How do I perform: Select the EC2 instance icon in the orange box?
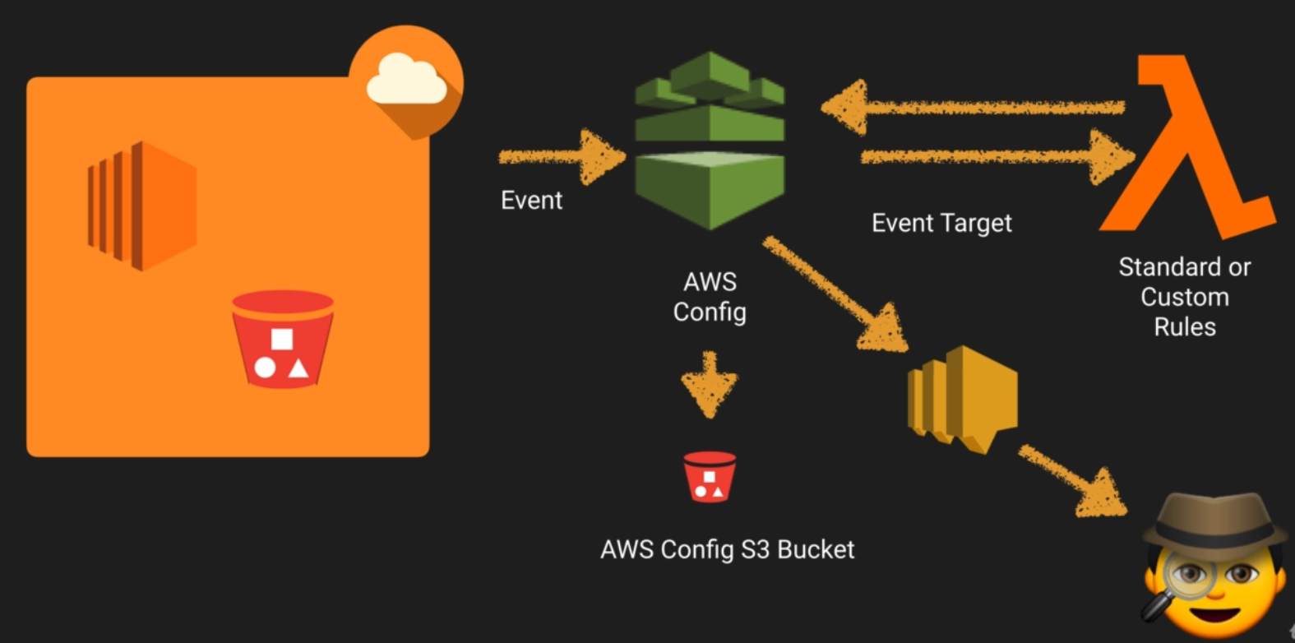[142, 206]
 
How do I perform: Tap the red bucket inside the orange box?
[282, 338]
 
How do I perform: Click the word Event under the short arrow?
[531, 201]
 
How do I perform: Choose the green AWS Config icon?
[710, 140]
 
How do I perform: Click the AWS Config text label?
[710, 297]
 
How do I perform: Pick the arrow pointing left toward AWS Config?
[970, 107]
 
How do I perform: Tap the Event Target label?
[941, 223]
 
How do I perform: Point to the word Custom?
[1184, 297]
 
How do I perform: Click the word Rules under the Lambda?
[1184, 327]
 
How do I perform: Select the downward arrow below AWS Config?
[710, 384]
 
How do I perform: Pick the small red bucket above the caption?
[710, 476]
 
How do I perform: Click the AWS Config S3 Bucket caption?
[727, 549]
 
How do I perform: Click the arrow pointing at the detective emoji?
[1073, 481]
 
